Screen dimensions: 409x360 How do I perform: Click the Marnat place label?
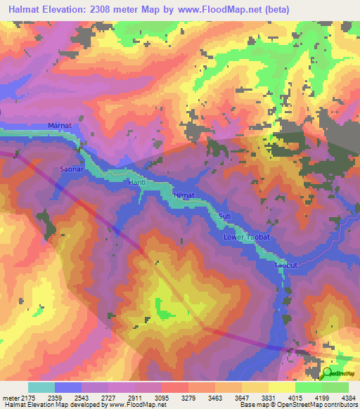point(60,125)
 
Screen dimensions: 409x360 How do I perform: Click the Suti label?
point(225,215)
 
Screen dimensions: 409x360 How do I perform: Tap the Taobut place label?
point(287,266)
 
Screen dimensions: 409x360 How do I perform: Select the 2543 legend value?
point(94,398)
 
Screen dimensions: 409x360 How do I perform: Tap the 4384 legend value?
point(347,398)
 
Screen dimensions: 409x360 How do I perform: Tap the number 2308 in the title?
point(109,9)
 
